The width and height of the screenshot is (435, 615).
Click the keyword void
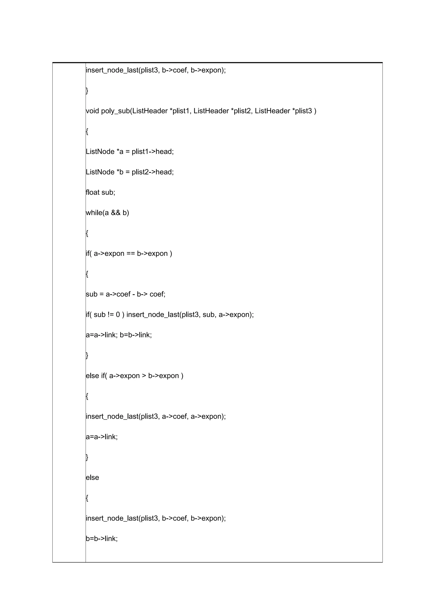(92, 111)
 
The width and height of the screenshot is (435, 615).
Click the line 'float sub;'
(100, 192)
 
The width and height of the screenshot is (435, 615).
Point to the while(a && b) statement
(107, 213)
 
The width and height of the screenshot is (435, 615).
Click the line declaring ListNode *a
(130, 152)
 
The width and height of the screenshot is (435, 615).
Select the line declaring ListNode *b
(130, 172)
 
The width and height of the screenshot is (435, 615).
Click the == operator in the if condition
(130, 253)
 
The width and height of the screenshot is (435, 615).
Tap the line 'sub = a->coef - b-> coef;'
(126, 294)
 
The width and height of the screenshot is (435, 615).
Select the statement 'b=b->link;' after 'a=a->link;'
(136, 335)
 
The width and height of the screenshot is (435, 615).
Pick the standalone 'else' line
(92, 477)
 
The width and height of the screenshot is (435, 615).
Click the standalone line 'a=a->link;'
(102, 437)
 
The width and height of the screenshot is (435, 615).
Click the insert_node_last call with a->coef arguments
(156, 416)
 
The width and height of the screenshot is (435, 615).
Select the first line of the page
(156, 70)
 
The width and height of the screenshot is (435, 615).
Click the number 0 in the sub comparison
(118, 315)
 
